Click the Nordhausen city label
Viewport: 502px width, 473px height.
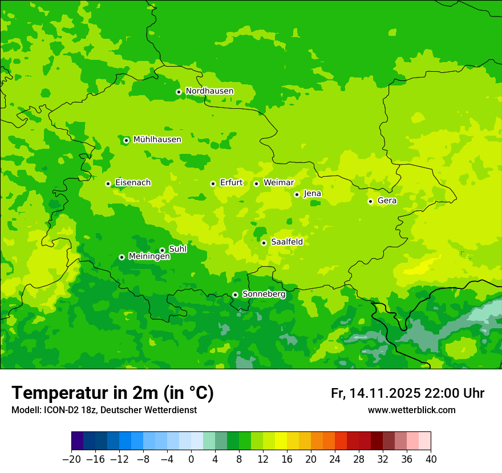click(x=209, y=91)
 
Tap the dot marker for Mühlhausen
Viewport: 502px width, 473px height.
click(x=126, y=140)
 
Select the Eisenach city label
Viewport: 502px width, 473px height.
click(x=133, y=183)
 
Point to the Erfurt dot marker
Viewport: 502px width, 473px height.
click(x=213, y=184)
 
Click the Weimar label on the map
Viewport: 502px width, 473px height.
click(x=278, y=183)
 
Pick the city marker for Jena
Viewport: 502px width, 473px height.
click(x=297, y=194)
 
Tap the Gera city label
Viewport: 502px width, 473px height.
click(x=387, y=201)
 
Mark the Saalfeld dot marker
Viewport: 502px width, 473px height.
click(x=264, y=243)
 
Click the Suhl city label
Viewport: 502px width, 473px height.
click(x=177, y=249)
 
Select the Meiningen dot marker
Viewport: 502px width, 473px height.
click(x=122, y=257)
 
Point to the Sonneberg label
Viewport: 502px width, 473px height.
click(x=264, y=294)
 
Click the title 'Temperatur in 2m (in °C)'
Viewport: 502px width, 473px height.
click(x=112, y=393)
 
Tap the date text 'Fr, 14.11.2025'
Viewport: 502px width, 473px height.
click(x=375, y=394)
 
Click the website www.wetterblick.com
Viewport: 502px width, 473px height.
click(x=411, y=410)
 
